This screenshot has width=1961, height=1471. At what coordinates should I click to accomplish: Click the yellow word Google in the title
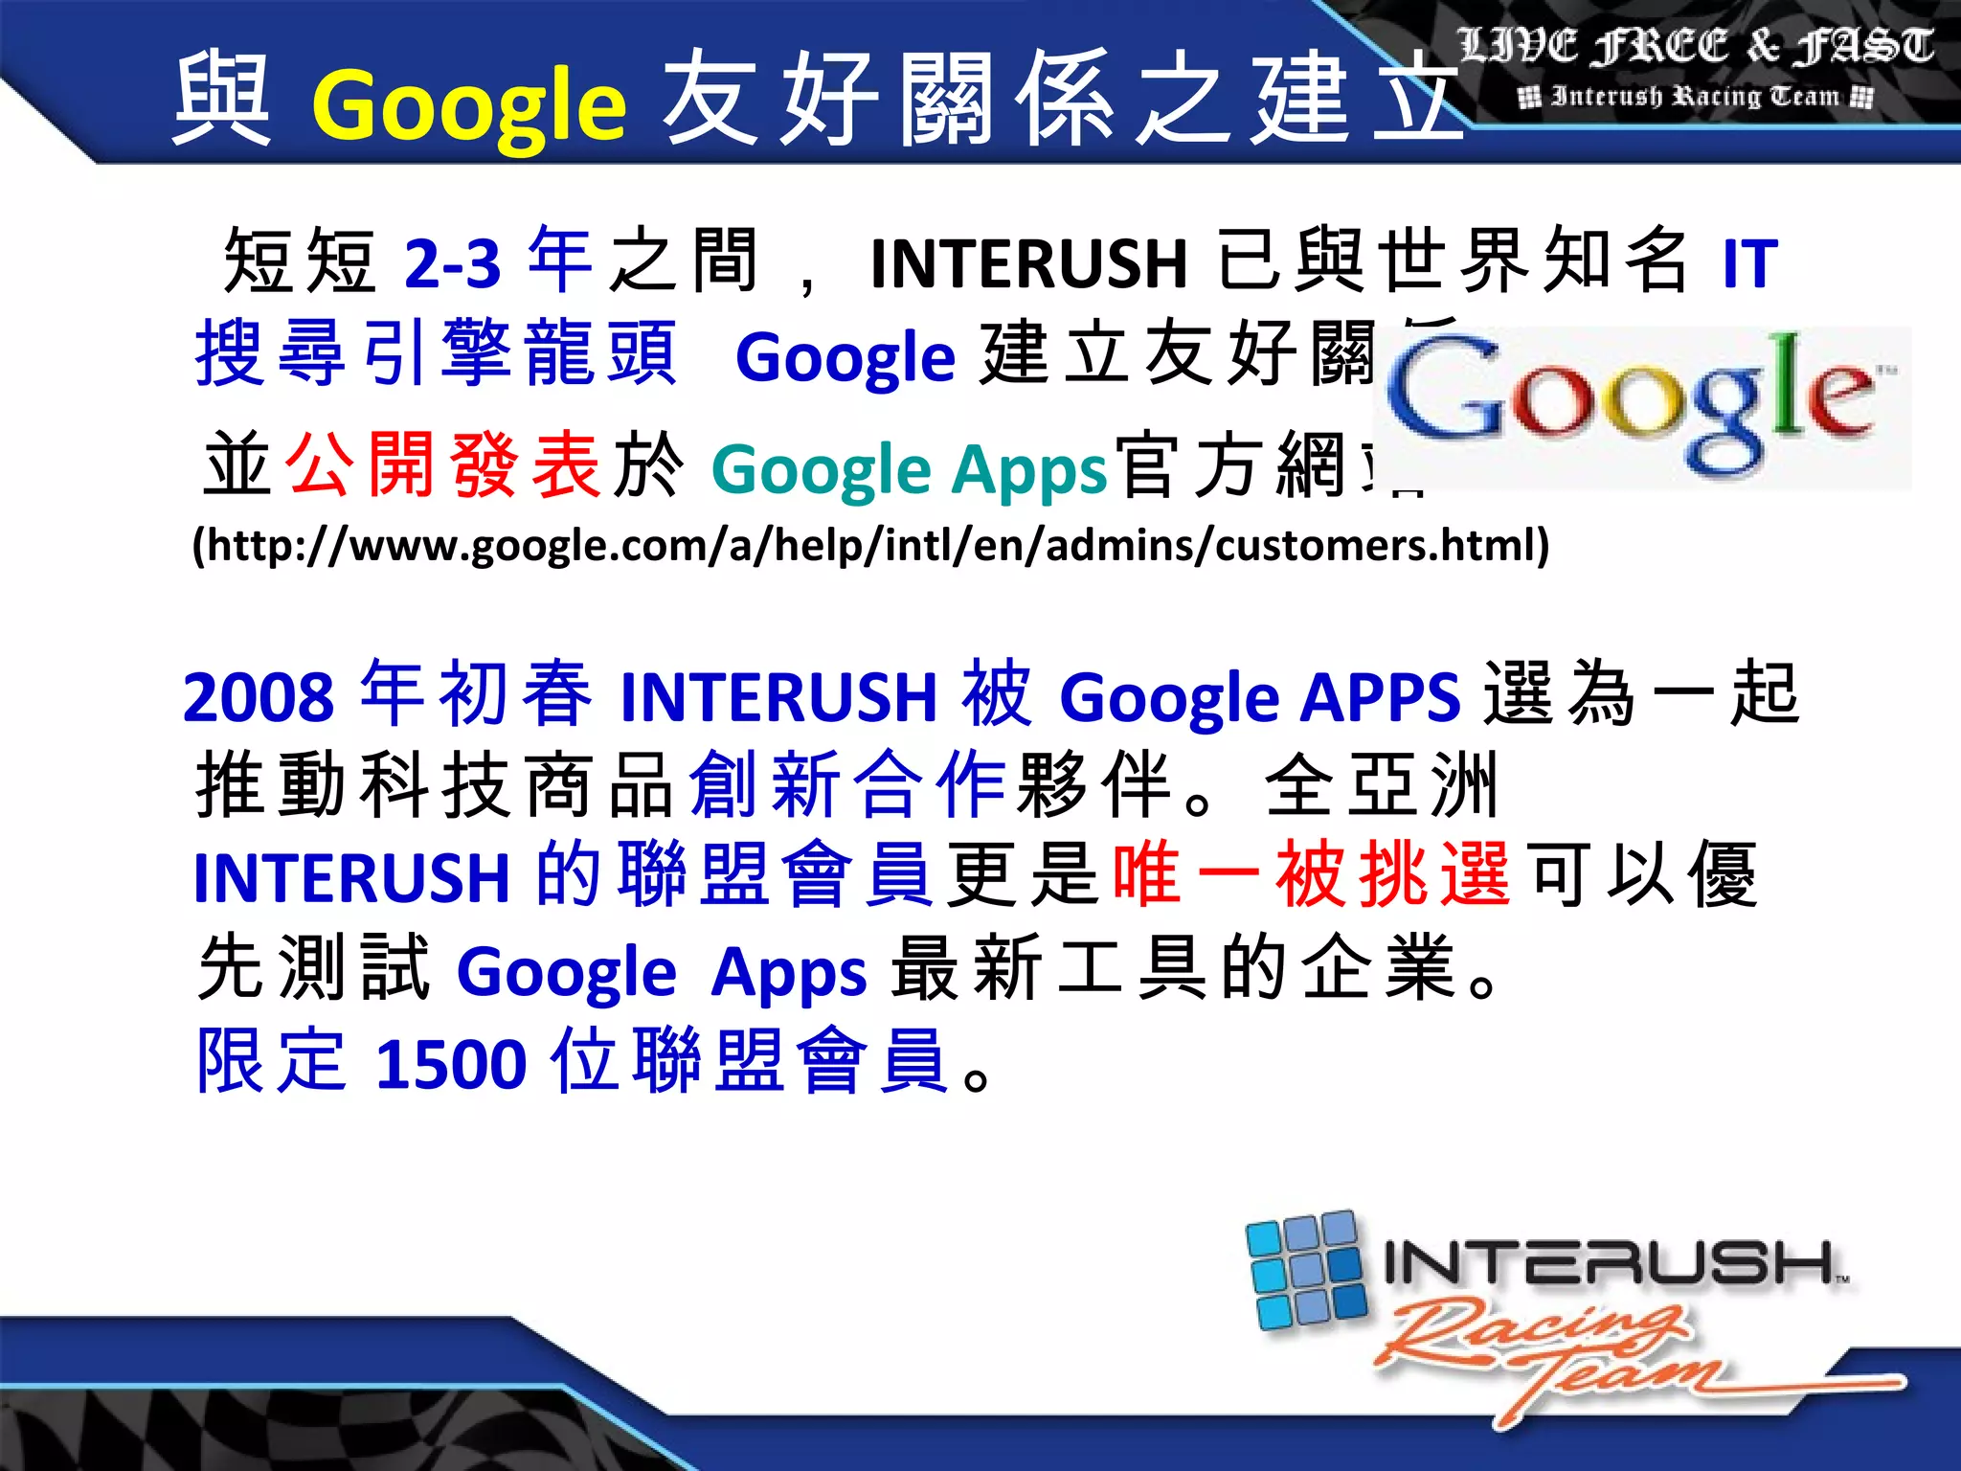click(x=468, y=105)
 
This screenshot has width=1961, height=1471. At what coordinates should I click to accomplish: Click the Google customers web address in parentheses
click(x=870, y=546)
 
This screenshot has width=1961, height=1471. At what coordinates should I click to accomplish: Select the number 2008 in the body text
click(x=259, y=697)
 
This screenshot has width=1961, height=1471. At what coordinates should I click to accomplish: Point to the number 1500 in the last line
click(x=451, y=1064)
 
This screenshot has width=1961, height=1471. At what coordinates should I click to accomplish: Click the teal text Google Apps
click(x=909, y=469)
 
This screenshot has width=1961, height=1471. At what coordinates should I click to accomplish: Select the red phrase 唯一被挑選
click(x=1312, y=873)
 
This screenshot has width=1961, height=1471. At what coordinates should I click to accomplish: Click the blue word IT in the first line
click(x=1748, y=263)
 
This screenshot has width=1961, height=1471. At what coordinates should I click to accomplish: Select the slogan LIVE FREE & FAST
click(x=1695, y=46)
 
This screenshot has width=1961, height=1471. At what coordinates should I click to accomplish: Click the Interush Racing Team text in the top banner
click(x=1695, y=97)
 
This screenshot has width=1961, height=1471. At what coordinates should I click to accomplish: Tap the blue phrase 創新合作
click(x=847, y=785)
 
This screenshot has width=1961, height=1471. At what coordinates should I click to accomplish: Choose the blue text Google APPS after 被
click(x=1259, y=697)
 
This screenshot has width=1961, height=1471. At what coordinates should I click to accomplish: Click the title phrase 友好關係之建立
click(x=1063, y=101)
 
